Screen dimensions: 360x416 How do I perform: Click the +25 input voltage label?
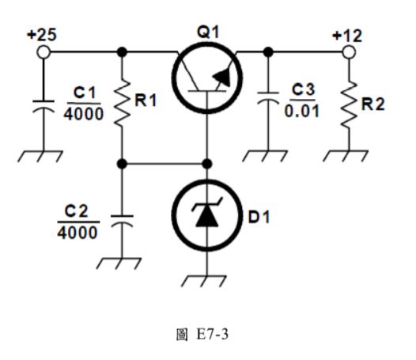(x=42, y=36)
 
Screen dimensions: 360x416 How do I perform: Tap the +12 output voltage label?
(x=346, y=36)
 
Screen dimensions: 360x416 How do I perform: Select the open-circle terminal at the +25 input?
(x=43, y=52)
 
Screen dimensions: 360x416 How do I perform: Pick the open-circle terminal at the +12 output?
(x=346, y=52)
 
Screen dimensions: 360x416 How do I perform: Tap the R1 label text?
(x=146, y=101)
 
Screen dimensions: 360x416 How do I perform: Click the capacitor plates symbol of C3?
(x=269, y=103)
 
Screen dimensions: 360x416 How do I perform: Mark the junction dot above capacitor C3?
(x=269, y=52)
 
